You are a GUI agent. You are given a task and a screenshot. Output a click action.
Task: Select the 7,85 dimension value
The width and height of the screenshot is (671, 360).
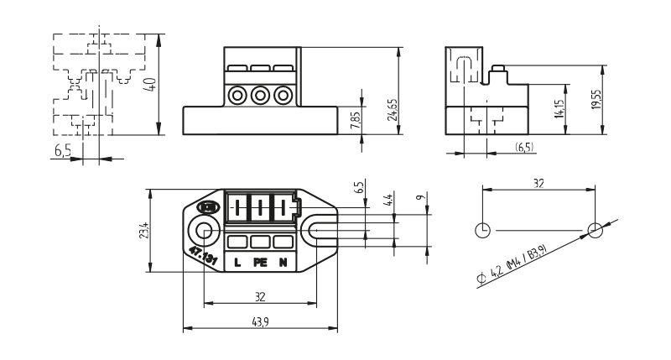click(355, 117)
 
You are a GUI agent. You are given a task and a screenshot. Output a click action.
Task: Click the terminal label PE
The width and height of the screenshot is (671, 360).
click(260, 263)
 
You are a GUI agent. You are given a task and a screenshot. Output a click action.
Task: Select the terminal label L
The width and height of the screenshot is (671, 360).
click(237, 263)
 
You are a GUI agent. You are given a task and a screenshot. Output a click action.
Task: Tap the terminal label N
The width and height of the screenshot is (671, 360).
click(283, 263)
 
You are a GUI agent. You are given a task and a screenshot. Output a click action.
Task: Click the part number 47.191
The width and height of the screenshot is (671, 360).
click(203, 257)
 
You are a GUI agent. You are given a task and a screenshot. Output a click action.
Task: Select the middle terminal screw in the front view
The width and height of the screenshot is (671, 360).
click(260, 95)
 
